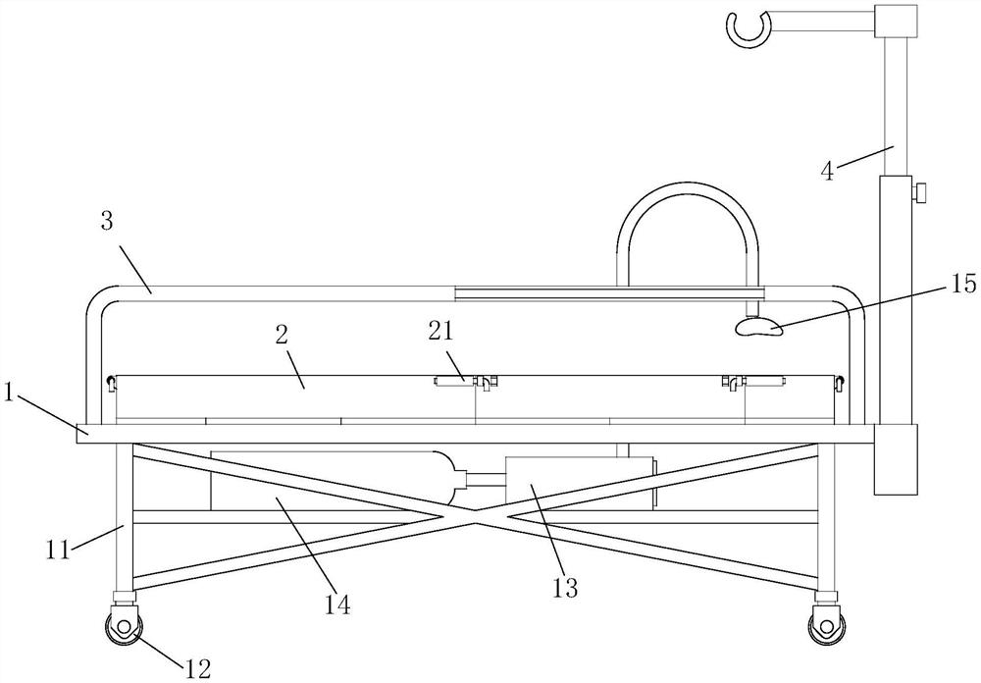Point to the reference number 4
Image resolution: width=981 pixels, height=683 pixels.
[x=827, y=171]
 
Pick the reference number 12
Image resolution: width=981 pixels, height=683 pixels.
[x=196, y=668]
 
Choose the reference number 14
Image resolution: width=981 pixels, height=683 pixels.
[x=337, y=603]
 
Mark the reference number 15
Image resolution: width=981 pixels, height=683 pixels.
[x=963, y=286]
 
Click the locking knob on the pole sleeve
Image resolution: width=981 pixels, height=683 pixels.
[x=921, y=193]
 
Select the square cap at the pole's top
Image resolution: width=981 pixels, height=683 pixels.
[x=896, y=20]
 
